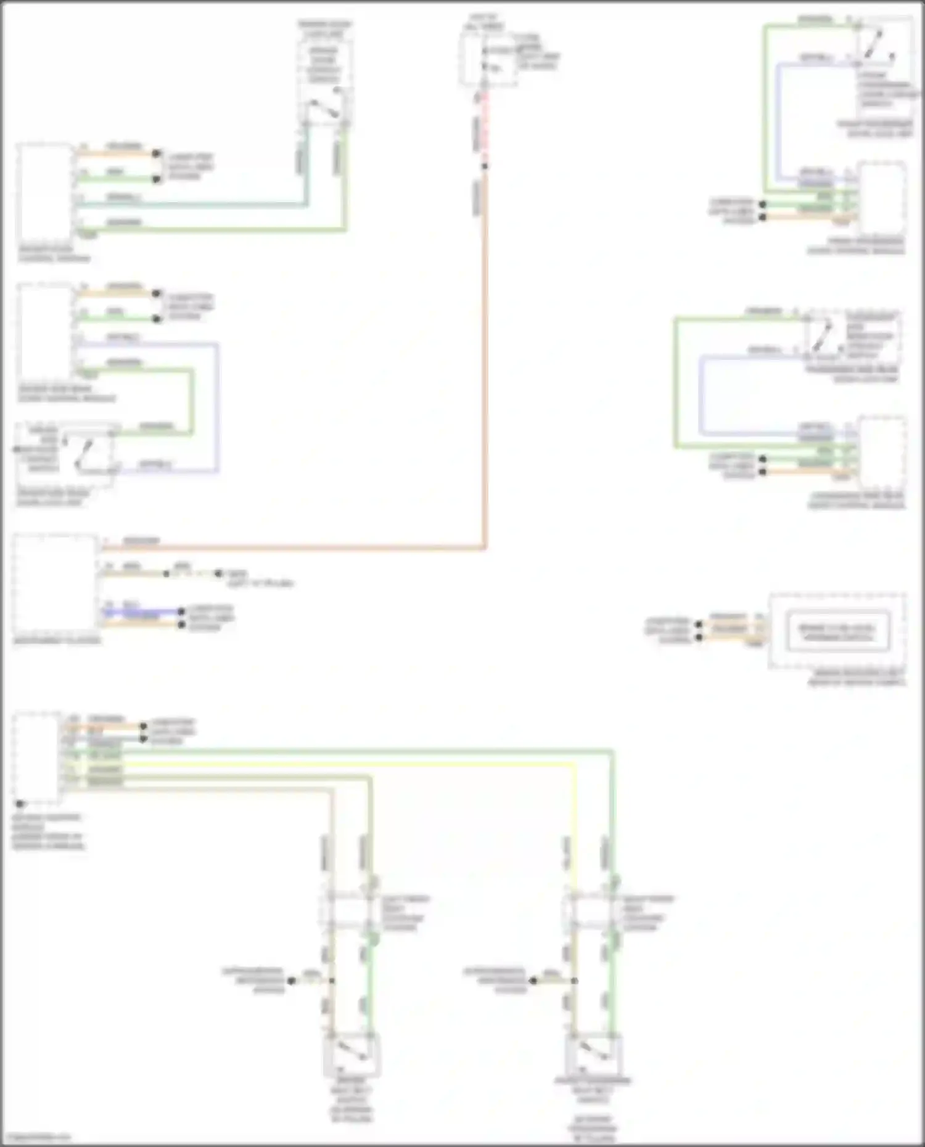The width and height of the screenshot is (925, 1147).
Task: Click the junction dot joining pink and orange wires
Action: click(485, 166)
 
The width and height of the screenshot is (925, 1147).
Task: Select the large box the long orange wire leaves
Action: click(54, 584)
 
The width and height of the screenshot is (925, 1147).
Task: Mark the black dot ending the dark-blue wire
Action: click(181, 612)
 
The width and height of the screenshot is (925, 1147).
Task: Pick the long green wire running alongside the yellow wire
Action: click(370, 751)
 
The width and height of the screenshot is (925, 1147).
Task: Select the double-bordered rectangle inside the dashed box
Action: click(837, 631)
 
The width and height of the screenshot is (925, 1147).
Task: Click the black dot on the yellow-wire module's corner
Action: click(20, 804)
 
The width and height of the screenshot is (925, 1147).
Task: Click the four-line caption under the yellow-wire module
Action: click(47, 832)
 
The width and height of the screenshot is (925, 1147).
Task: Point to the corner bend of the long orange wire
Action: click(485, 547)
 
